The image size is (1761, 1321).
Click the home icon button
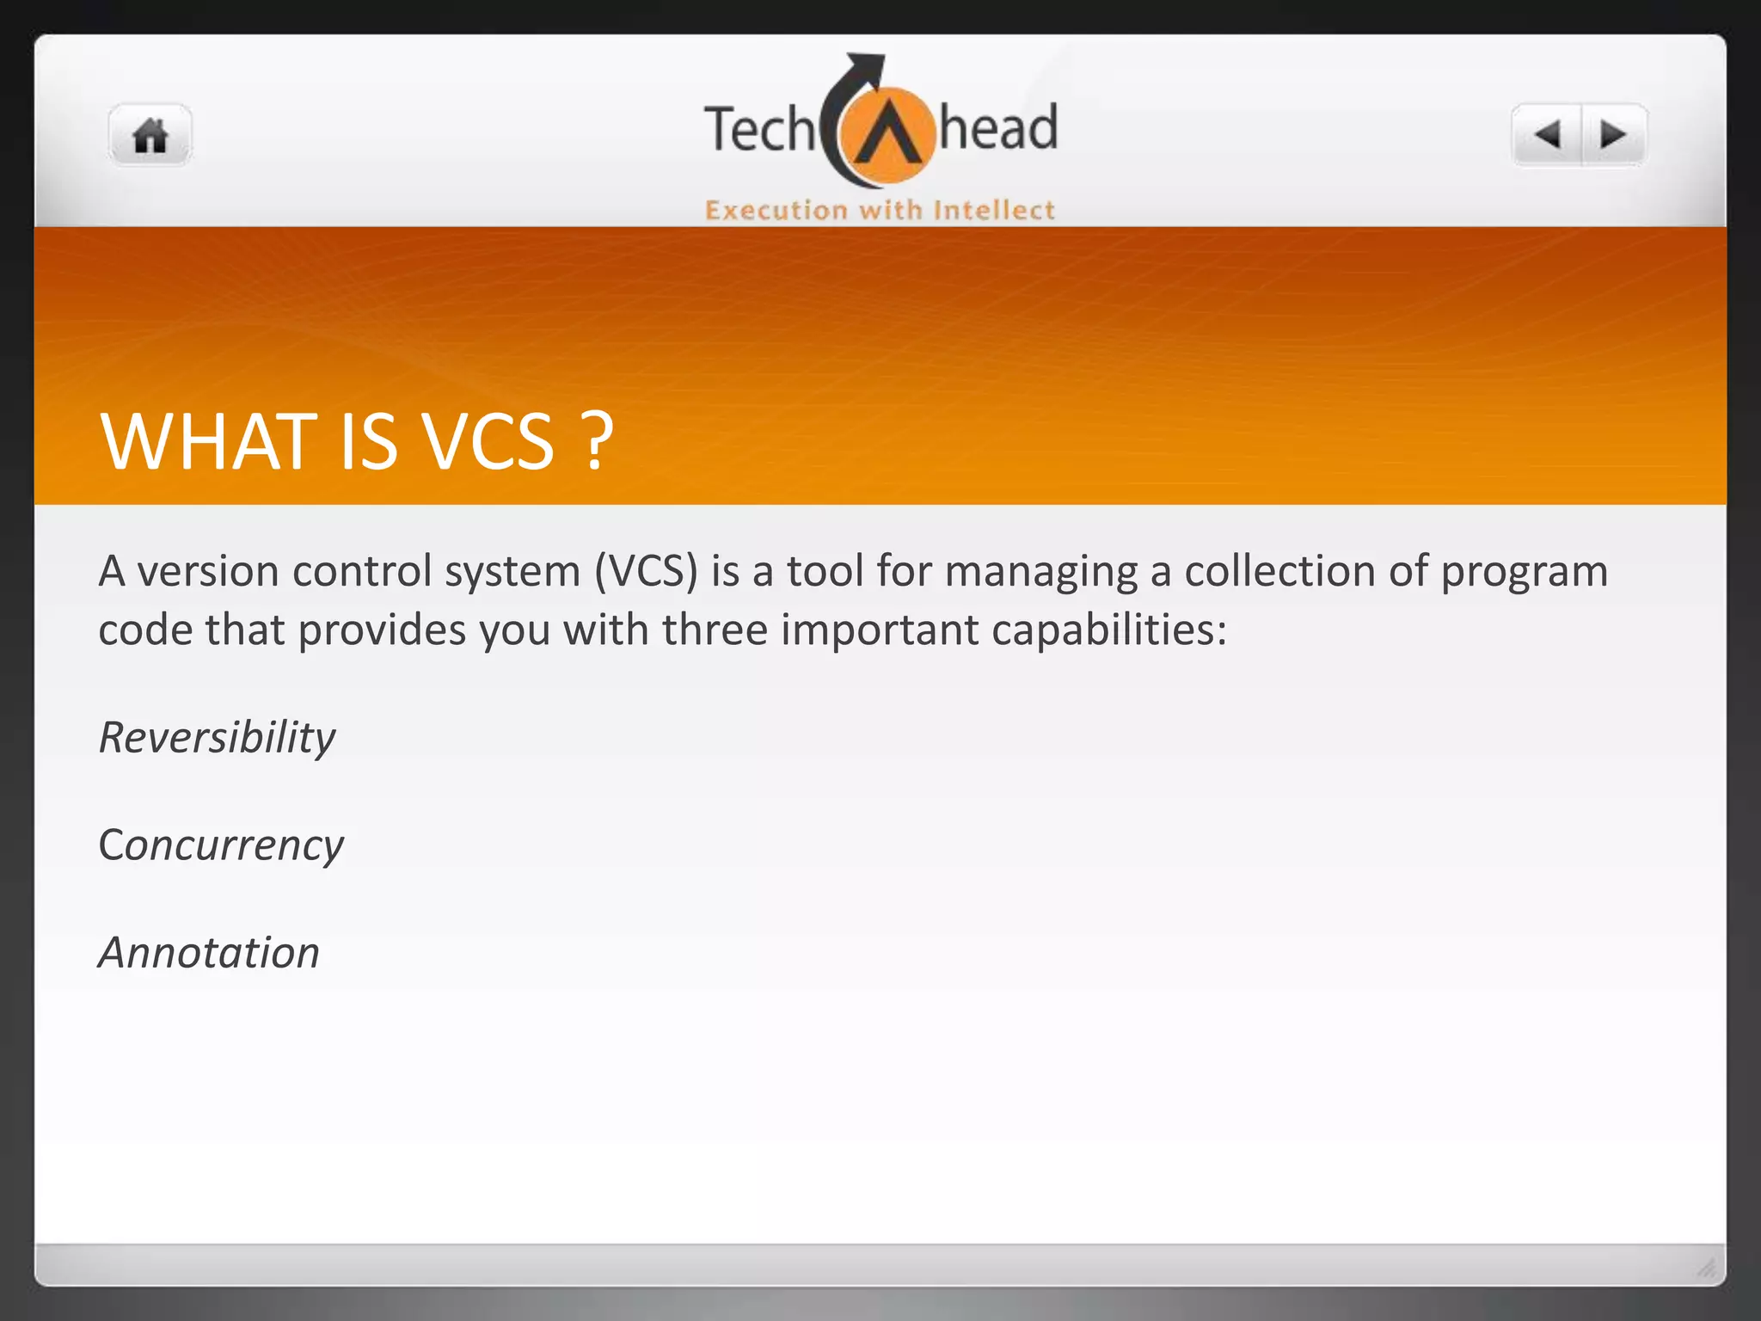[150, 136]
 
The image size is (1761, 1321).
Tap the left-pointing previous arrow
[1548, 135]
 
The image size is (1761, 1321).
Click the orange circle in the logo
[887, 138]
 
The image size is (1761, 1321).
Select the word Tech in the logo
[758, 130]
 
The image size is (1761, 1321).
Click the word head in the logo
[997, 128]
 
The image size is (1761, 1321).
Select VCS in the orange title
[489, 442]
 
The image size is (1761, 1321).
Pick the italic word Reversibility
[217, 738]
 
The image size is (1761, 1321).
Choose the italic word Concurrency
[221, 845]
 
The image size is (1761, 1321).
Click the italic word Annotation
[209, 953]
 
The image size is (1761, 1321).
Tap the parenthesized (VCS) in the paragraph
[646, 572]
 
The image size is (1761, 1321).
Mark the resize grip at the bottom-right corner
[1707, 1267]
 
